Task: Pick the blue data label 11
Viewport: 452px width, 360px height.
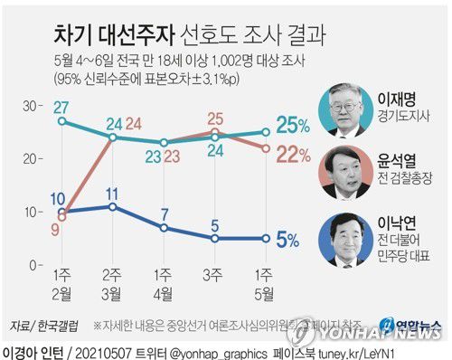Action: click(x=113, y=193)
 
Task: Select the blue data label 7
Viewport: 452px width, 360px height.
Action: click(x=165, y=213)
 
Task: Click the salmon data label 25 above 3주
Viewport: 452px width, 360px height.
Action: click(x=216, y=118)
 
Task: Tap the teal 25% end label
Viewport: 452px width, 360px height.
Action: click(x=293, y=125)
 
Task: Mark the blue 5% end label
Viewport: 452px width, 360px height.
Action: click(x=288, y=240)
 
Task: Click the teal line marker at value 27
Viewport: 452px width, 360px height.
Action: click(x=61, y=121)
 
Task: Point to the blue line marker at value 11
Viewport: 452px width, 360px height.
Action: click(x=113, y=206)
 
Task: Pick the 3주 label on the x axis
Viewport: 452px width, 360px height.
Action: click(x=215, y=275)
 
